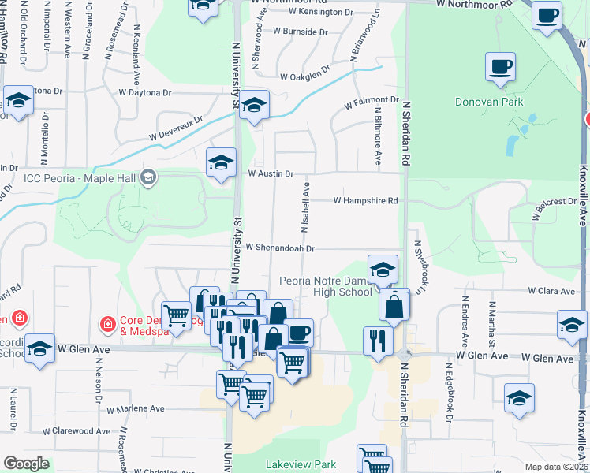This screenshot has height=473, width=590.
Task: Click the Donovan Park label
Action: [490, 102]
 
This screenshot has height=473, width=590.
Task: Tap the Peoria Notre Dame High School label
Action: [326, 286]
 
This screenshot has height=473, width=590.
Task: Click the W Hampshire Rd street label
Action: [365, 201]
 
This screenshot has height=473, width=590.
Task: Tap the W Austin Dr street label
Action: [271, 173]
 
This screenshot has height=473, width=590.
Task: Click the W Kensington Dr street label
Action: [322, 12]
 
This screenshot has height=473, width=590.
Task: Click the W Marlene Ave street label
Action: [135, 409]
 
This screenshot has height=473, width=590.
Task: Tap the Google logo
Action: [26, 464]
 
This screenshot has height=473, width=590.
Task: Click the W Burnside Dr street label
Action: [300, 32]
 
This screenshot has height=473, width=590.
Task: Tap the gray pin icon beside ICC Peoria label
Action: [147, 178]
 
